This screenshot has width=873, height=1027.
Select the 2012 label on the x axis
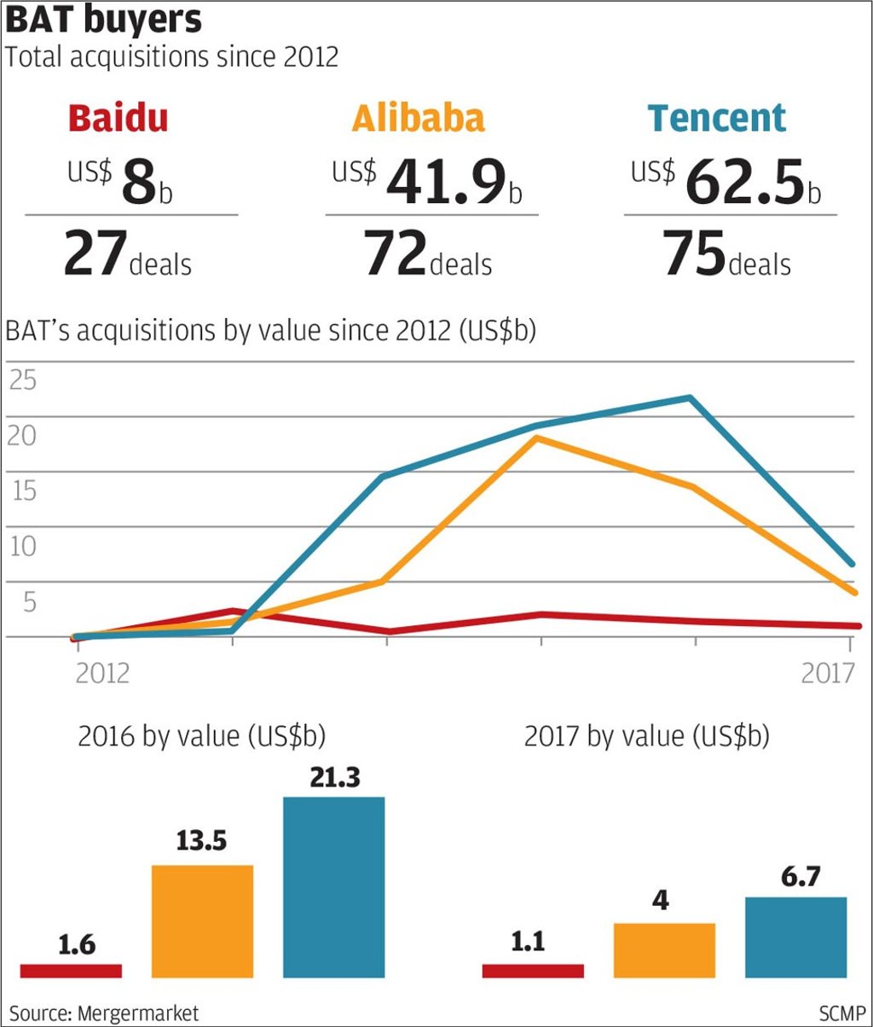point(102,673)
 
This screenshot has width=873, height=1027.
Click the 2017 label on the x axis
point(828,673)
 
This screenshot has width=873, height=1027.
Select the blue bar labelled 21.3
point(334,887)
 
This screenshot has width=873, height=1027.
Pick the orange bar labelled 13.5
point(202,921)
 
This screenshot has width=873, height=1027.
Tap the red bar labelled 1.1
point(533,971)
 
